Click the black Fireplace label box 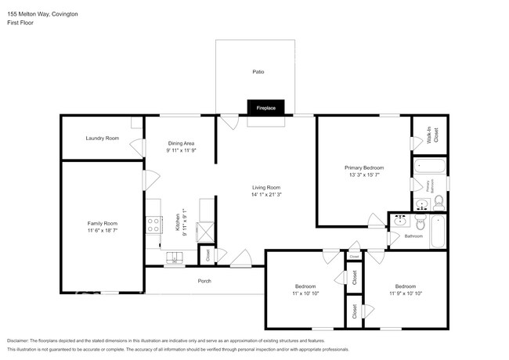click(x=265, y=108)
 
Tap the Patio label click(x=258, y=72)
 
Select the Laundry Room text click(x=102, y=138)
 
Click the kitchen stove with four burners click(x=153, y=224)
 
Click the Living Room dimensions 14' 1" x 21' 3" click(x=266, y=195)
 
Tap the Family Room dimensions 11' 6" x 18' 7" click(x=102, y=231)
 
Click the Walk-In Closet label click(x=429, y=135)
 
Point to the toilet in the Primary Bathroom click(x=439, y=203)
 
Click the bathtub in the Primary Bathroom click(x=429, y=166)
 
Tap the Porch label click(x=204, y=281)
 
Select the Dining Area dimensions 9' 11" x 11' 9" click(x=181, y=150)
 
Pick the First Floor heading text click(x=20, y=23)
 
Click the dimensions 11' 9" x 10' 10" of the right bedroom click(x=406, y=293)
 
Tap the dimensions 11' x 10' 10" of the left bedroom click(x=305, y=293)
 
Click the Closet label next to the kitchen click(x=207, y=254)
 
